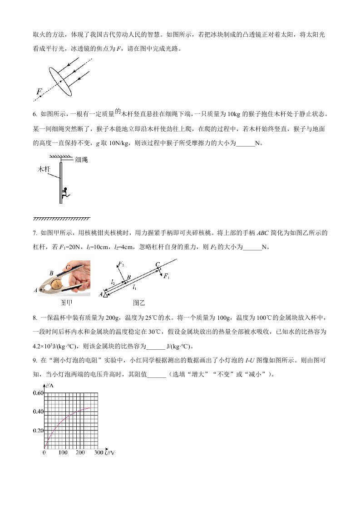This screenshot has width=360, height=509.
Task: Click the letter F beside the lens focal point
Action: (39, 92)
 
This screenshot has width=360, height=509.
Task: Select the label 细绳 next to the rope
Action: (82, 159)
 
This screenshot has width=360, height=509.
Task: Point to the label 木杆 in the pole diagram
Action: (44, 169)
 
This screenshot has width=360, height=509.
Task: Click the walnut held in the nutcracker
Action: (56, 284)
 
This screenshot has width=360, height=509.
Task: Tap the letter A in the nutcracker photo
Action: (36, 290)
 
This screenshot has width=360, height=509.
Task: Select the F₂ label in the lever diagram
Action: (121, 264)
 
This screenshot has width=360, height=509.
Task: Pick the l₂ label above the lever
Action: (113, 281)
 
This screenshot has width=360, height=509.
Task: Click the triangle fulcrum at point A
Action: (106, 295)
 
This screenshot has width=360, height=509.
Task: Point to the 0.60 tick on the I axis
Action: (38, 393)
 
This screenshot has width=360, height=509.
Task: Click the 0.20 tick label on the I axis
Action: (38, 430)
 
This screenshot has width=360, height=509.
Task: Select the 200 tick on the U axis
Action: (80, 453)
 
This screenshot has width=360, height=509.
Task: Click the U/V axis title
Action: (109, 453)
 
